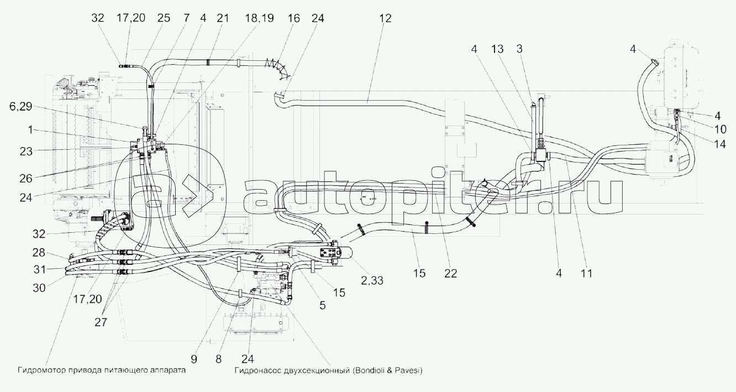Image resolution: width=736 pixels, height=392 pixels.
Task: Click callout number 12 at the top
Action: click(x=385, y=18)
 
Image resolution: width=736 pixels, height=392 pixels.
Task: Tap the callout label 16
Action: click(x=293, y=18)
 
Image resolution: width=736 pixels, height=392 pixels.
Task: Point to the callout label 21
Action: click(x=222, y=18)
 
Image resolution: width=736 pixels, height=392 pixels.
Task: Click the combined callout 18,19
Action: click(x=259, y=18)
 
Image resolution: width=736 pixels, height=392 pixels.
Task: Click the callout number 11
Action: click(x=587, y=273)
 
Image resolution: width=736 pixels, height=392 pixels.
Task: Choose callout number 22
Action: click(x=451, y=273)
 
